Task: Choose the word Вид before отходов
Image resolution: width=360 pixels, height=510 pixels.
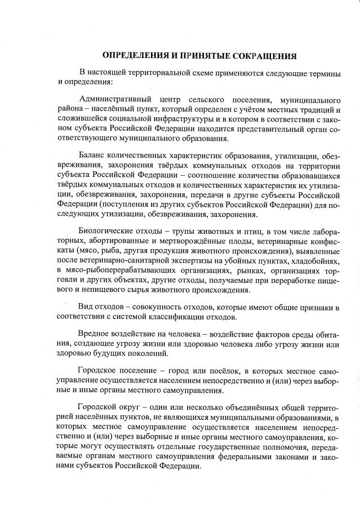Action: (x=87, y=307)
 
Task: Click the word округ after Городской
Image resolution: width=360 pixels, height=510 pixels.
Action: (x=136, y=407)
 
